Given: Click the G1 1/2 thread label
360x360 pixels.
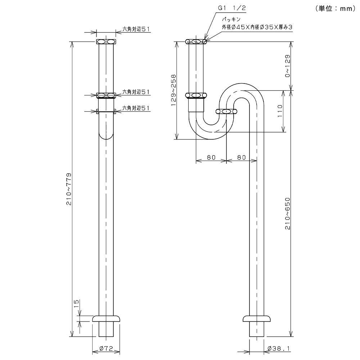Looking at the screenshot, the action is coord(231,8).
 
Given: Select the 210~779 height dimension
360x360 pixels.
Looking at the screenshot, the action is coord(69,189).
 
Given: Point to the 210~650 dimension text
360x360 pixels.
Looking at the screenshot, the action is coord(288,213).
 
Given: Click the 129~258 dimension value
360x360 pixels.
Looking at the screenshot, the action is coord(174,90).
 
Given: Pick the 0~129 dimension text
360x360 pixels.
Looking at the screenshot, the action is coord(288,66).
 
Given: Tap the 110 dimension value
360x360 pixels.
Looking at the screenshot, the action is coord(280,111).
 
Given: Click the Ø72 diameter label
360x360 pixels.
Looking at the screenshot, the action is coord(106,348).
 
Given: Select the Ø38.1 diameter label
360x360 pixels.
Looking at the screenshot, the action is coord(279,348).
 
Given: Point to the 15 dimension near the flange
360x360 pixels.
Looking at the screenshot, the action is coord(76,304).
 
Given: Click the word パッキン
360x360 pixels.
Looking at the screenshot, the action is coord(231,20).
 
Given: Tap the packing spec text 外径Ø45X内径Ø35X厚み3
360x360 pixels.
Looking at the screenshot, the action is coord(257,27).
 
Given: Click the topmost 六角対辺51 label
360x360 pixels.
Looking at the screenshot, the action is coord(136,29).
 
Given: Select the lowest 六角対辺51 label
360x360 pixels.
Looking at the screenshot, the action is coord(136,108).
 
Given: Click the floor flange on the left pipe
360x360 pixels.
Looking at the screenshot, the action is coord(106,319).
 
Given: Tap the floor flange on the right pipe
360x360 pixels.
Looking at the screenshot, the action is coord(257,319).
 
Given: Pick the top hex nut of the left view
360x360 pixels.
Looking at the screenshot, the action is coord(106,41).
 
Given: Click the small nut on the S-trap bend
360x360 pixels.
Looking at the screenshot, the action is coord(226,112).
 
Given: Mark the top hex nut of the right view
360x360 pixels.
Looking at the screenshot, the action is coord(196,41).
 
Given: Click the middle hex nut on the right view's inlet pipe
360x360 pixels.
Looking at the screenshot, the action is coord(196,95).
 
